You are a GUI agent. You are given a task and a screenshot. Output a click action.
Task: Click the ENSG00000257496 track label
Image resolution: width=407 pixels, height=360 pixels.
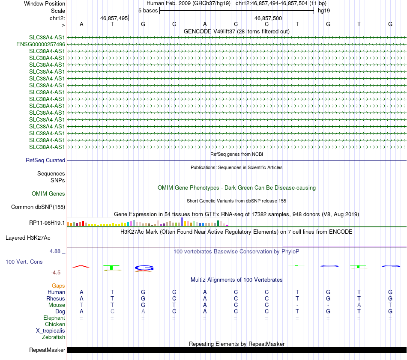click(x=40, y=44)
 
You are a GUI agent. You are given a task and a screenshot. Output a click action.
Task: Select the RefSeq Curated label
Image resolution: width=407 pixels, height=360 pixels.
click(x=45, y=160)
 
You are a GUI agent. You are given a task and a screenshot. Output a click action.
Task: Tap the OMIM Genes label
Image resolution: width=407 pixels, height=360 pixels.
click(x=48, y=194)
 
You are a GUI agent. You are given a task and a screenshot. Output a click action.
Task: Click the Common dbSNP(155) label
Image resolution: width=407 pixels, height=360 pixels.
click(x=38, y=207)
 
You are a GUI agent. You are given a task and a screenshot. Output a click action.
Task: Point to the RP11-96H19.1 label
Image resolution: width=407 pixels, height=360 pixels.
click(x=47, y=223)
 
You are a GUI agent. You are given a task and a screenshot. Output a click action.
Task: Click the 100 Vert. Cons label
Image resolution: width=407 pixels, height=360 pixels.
click(x=25, y=261)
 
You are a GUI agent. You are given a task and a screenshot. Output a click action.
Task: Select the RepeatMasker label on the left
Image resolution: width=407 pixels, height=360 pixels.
click(x=47, y=350)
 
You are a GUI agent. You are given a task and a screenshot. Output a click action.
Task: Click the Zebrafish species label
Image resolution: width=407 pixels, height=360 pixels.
click(x=54, y=337)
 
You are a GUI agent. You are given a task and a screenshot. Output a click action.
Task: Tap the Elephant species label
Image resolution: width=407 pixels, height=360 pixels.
click(x=54, y=318)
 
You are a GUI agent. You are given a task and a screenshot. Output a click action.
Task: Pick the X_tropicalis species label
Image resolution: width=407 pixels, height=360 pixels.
click(x=51, y=331)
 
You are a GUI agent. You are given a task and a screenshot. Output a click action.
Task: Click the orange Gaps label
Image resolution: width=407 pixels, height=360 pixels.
click(x=58, y=286)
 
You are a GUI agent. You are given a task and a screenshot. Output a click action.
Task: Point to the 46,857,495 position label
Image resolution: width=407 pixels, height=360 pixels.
click(x=114, y=18)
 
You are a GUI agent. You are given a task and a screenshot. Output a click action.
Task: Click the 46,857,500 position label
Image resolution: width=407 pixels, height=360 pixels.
click(x=268, y=18)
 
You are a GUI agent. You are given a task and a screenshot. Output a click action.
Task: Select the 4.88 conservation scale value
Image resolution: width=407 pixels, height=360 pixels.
click(x=57, y=251)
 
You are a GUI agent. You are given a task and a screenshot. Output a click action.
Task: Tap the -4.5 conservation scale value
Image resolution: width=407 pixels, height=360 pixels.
click(x=58, y=273)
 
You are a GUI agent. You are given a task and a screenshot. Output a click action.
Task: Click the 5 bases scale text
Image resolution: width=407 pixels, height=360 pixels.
click(x=148, y=10)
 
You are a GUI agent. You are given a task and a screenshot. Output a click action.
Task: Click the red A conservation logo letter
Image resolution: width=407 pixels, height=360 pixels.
click(x=81, y=267)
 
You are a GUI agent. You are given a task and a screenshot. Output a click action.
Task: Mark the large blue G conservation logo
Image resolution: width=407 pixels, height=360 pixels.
click(x=144, y=268)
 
